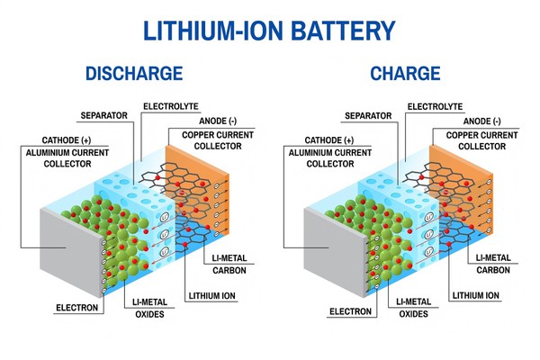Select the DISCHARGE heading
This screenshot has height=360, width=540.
pos(134,73)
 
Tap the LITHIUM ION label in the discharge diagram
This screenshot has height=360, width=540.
pos(213,294)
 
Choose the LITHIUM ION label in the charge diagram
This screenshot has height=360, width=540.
pos(475,294)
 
